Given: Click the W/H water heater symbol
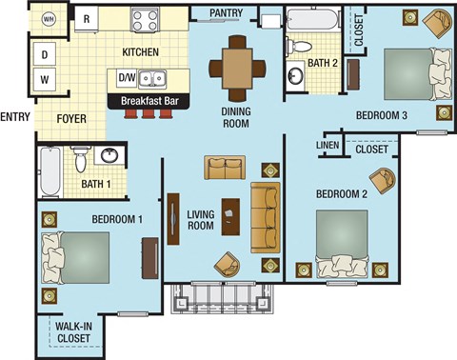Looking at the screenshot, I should tap(48, 19).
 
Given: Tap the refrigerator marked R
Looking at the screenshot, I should tap(88, 18).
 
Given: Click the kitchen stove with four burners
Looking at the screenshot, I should tap(147, 19).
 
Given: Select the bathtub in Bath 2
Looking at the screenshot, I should tap(310, 19).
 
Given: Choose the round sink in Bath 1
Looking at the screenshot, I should tap(109, 156).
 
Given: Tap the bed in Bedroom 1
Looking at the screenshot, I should tap(76, 256).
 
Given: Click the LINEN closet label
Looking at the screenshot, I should tap(328, 144).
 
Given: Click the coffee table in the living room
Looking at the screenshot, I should tap(229, 216).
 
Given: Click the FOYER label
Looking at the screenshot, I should tap(72, 119).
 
